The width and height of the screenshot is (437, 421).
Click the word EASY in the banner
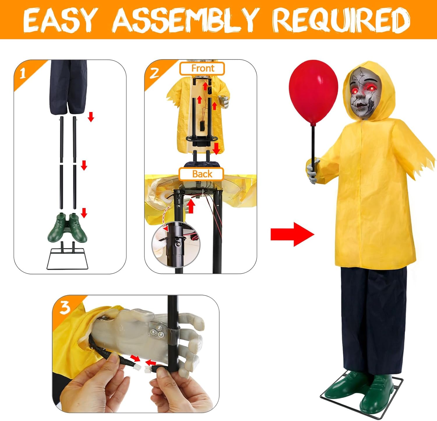click(59, 20)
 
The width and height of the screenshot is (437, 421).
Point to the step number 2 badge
click(154, 73)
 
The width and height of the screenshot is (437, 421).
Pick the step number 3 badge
click(64, 308)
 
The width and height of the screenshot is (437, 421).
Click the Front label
click(202, 69)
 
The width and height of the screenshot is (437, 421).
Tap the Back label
click(202, 174)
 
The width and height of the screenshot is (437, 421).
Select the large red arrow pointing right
click(292, 234)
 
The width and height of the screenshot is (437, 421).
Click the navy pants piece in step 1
click(69, 87)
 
